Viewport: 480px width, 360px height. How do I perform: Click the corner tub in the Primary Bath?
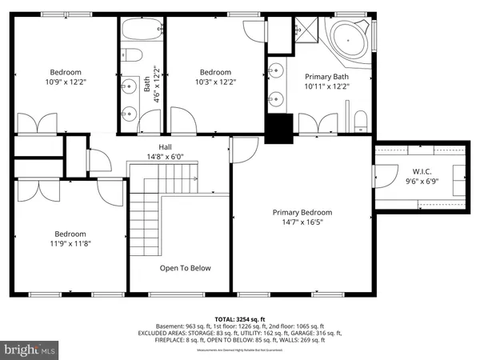click(x=350, y=39)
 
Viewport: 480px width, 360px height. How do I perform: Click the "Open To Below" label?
click(x=185, y=268)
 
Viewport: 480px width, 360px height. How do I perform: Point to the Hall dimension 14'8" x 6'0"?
click(x=165, y=157)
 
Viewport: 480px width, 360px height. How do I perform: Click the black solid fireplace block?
click(x=279, y=130)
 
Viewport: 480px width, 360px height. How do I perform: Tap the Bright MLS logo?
click(x=30, y=349)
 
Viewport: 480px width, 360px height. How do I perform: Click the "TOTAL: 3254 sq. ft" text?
click(x=239, y=318)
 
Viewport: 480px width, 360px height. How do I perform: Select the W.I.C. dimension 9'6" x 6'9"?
click(x=422, y=181)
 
